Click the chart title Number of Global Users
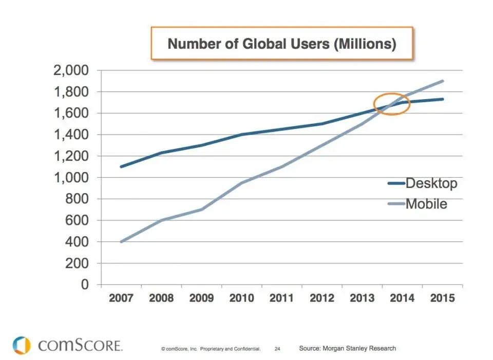pyautogui.click(x=282, y=44)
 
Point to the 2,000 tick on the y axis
pyautogui.click(x=70, y=70)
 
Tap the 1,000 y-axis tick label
pyautogui.click(x=70, y=178)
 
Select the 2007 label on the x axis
pyautogui.click(x=121, y=298)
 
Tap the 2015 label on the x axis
pyautogui.click(x=442, y=298)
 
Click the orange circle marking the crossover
pyautogui.click(x=392, y=104)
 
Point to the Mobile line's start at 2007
pyautogui.click(x=121, y=241)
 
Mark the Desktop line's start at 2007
pyautogui.click(x=121, y=166)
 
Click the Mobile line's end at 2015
pyautogui.click(x=443, y=81)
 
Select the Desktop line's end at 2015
pyautogui.click(x=443, y=99)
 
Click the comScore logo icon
pyautogui.click(x=22, y=345)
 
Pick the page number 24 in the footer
pyautogui.click(x=277, y=349)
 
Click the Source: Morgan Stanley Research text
pyautogui.click(x=348, y=348)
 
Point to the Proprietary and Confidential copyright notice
pyautogui.click(x=211, y=349)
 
